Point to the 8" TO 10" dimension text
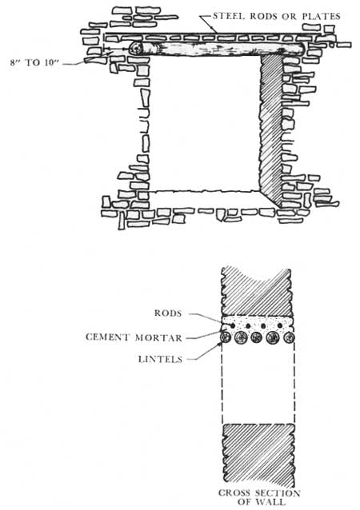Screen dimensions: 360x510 click(x=34, y=62)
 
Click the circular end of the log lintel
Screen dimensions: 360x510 click(x=136, y=49)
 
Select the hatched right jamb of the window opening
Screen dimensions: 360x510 click(x=270, y=130)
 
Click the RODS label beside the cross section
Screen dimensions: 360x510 click(x=168, y=313)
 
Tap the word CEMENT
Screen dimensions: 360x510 click(x=108, y=337)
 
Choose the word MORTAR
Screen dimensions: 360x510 click(x=158, y=337)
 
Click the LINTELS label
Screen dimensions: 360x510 click(x=160, y=359)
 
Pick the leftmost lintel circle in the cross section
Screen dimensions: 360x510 click(x=226, y=337)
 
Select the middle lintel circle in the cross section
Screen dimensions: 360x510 click(x=257, y=337)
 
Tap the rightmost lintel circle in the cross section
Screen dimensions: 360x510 click(x=289, y=337)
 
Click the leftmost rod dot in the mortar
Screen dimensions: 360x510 click(x=233, y=325)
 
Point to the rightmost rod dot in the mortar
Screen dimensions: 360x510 click(x=280, y=325)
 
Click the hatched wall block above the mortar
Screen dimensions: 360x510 click(x=257, y=291)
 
